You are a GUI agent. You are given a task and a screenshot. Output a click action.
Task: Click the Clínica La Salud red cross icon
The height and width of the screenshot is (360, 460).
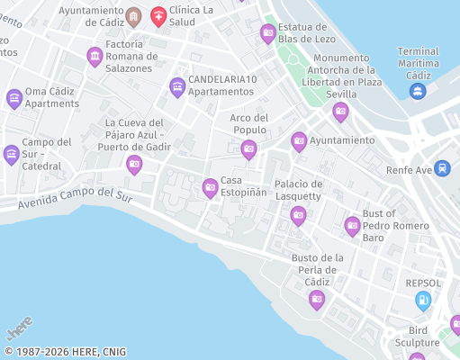[158, 15]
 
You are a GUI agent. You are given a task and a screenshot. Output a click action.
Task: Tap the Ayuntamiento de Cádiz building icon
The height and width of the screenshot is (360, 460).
[133, 16]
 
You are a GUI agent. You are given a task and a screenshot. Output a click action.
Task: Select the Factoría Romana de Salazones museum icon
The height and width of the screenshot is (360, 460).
[95, 57]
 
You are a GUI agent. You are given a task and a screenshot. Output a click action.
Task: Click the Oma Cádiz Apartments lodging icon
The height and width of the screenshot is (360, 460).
[14, 98]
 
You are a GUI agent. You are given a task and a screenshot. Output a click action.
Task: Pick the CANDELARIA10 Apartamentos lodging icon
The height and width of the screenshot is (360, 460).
[176, 86]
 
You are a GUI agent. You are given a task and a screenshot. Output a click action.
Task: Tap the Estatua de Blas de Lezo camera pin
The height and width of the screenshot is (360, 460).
[267, 33]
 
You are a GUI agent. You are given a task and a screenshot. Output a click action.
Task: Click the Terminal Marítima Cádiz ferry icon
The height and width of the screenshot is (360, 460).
[417, 91]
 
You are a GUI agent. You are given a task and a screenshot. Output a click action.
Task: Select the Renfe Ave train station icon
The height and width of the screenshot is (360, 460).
[442, 168]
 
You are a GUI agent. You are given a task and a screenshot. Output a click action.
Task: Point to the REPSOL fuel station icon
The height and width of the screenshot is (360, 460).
[423, 301]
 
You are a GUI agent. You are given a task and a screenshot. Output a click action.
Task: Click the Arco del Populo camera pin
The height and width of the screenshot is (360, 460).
[248, 148]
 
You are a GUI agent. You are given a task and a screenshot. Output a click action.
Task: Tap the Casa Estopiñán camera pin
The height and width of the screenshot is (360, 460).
[210, 187]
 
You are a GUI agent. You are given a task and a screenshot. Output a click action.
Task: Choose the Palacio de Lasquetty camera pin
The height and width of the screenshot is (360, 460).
[298, 215]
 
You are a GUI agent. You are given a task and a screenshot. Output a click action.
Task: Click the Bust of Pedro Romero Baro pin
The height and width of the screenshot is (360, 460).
[352, 225]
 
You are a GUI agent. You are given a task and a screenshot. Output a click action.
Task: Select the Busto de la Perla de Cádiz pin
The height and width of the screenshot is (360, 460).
[316, 299]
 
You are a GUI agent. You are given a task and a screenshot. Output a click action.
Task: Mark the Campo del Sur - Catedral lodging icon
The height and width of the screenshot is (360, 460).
[11, 155]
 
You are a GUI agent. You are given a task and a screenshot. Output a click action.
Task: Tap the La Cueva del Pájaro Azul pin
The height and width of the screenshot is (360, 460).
[134, 163]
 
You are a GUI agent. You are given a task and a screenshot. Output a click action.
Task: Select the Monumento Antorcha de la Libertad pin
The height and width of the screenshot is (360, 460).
[340, 112]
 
